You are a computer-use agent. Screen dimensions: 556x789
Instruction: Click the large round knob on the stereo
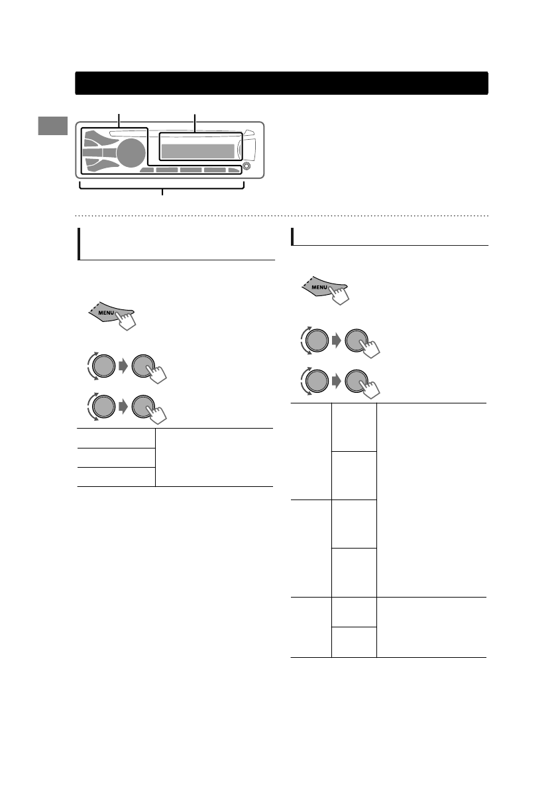point(133,153)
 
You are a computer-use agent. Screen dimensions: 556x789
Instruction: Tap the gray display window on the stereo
point(197,151)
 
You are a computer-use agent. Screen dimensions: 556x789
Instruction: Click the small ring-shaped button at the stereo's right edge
point(247,166)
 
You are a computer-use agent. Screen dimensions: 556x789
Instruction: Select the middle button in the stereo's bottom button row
point(191,170)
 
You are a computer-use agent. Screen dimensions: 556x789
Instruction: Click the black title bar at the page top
point(282,83)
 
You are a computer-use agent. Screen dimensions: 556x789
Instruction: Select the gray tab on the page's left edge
point(52,126)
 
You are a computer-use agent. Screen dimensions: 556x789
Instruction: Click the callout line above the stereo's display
point(195,121)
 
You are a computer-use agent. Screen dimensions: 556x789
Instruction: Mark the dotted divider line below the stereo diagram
point(282,215)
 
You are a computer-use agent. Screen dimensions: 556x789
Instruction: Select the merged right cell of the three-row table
point(214,458)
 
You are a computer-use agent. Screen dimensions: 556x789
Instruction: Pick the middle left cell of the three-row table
point(116,458)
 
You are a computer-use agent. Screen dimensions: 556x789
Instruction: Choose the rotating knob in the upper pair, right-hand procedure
point(317,342)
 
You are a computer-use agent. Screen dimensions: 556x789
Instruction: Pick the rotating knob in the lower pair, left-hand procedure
point(103,405)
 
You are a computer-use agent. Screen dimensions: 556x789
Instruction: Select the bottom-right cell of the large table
point(431,627)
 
